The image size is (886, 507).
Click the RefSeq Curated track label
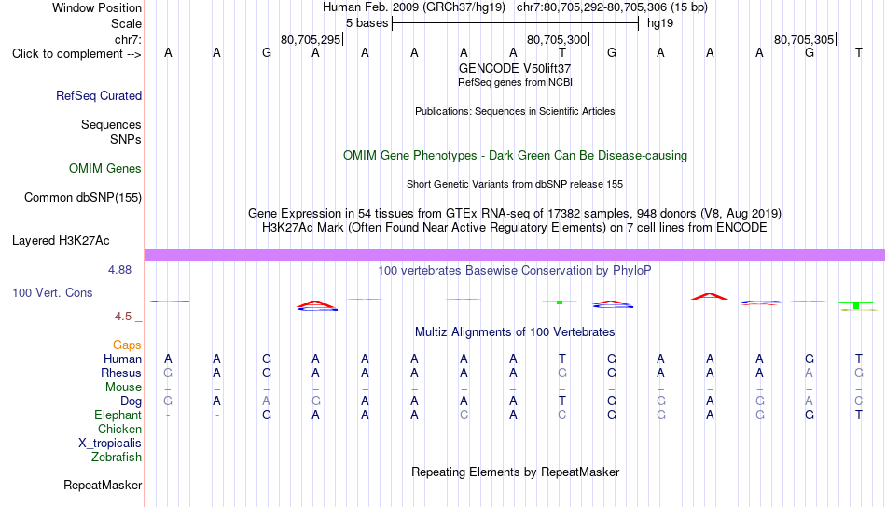pos(98,95)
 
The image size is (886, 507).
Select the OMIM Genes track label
pos(105,169)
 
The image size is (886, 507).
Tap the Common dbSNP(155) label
pos(82,198)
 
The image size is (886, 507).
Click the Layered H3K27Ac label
pos(61,241)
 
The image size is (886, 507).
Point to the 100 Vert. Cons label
pos(52,292)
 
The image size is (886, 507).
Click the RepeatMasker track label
pos(103,485)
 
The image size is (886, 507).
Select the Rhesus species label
pos(121,373)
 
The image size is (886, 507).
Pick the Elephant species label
pos(118,415)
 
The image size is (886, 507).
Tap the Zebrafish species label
pos(117,457)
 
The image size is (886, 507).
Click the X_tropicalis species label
pos(110,444)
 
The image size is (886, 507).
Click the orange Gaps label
pos(127,345)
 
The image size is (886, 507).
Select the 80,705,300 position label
pos(557,39)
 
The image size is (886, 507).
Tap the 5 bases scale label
pos(367,23)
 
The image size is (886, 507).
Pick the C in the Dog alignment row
pos(859,401)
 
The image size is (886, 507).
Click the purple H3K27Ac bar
pos(515,255)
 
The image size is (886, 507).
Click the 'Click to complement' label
pos(76,54)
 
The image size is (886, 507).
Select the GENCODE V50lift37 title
pos(515,68)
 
